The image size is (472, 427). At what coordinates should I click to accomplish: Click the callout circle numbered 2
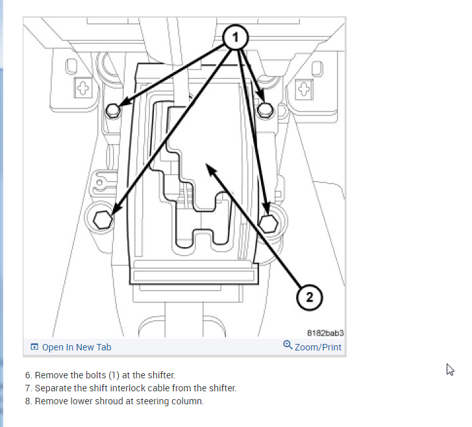[310, 297]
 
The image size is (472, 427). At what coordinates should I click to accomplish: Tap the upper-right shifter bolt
[264, 110]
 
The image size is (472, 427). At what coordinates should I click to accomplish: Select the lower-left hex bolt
[103, 219]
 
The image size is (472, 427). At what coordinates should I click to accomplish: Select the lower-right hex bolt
[268, 223]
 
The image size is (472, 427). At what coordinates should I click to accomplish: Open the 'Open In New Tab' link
[76, 347]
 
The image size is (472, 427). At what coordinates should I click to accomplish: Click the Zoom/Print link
[317, 347]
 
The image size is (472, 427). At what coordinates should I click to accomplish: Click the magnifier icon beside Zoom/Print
[288, 346]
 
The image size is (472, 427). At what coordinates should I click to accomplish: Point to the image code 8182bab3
[325, 333]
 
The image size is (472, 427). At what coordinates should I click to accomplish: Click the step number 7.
[28, 388]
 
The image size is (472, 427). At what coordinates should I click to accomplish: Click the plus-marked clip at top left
[82, 88]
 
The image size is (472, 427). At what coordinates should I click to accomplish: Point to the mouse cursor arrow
[450, 369]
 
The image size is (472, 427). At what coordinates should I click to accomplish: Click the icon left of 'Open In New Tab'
[34, 347]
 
